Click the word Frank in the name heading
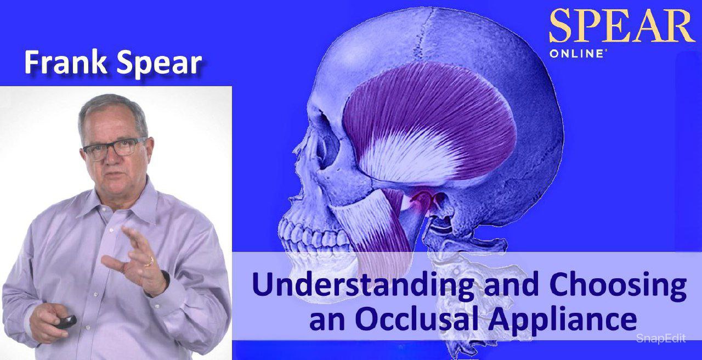[x=65, y=62]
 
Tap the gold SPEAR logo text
[x=622, y=26]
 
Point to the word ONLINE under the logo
[x=576, y=54]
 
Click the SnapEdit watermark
[x=661, y=339]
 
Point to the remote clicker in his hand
[x=66, y=321]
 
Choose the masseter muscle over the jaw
[x=373, y=229]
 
